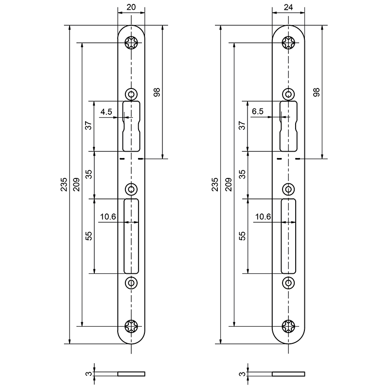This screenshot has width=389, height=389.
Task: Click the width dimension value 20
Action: coord(131,7)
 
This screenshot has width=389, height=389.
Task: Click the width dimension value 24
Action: coord(288,7)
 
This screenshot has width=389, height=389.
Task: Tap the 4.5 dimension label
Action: coord(106,112)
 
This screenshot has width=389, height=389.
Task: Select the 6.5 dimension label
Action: coord(258,111)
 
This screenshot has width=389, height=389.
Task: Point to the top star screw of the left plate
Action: coord(131,43)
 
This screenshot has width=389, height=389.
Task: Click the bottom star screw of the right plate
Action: coord(288,326)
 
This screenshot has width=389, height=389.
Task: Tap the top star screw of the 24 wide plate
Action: coord(288,43)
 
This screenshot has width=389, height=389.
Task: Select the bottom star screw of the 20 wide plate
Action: coord(131,326)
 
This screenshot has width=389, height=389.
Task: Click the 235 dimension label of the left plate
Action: coord(64,184)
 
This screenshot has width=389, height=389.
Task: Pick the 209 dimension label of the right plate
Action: coord(229,184)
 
